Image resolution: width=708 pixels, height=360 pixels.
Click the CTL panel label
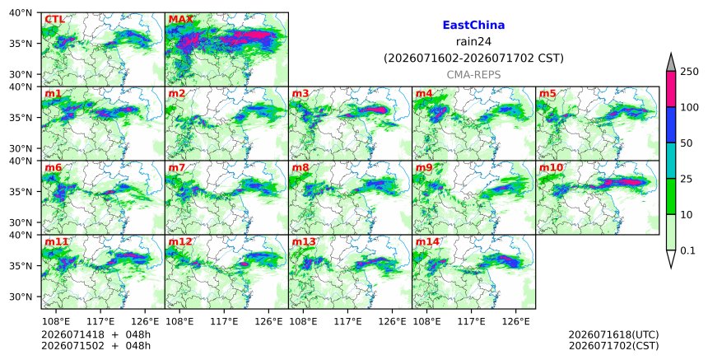tap(54, 20)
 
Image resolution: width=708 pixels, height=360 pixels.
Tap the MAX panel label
tap(180, 20)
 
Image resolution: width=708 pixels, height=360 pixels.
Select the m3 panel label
tap(300, 93)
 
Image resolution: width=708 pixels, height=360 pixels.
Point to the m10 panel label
tap(551, 167)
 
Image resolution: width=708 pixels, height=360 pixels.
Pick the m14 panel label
tap(427, 241)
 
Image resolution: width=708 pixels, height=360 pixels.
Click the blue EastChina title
tap(473, 26)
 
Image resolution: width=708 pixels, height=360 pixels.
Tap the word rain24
tap(473, 42)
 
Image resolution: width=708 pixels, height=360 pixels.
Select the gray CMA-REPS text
tap(473, 75)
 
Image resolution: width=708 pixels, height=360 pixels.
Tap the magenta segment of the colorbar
tap(671, 89)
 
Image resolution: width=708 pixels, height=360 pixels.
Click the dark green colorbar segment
tap(671, 197)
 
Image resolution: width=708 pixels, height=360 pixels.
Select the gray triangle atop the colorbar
tap(671, 63)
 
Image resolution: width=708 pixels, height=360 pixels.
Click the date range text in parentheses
tap(473, 58)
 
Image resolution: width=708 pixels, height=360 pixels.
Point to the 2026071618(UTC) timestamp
tap(613, 334)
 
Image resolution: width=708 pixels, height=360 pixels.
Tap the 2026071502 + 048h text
tap(95, 346)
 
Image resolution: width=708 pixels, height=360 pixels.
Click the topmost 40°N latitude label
tap(21, 12)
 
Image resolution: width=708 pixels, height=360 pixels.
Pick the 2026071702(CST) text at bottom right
tap(613, 346)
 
